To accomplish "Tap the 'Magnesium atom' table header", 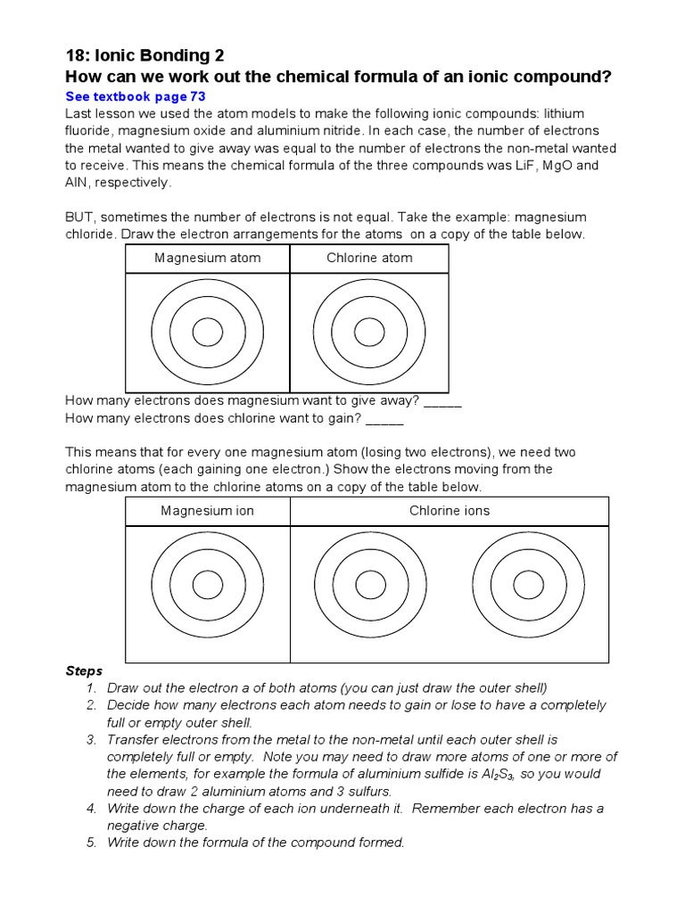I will pyautogui.click(x=208, y=259).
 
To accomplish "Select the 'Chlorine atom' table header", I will pyautogui.click(x=369, y=259).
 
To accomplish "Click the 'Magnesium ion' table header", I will pyautogui.click(x=208, y=511).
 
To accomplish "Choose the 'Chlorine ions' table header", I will pyautogui.click(x=450, y=511).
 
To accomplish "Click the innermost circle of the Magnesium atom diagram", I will pyautogui.click(x=208, y=333).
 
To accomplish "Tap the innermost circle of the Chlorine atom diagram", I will pyautogui.click(x=369, y=333).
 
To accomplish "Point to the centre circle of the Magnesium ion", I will pyautogui.click(x=208, y=585).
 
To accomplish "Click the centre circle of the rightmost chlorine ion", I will pyautogui.click(x=529, y=585).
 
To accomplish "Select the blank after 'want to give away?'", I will pyautogui.click(x=442, y=402).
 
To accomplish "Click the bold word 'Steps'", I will pyautogui.click(x=85, y=670).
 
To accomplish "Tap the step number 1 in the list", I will pyautogui.click(x=91, y=687).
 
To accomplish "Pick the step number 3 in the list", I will pyautogui.click(x=91, y=740).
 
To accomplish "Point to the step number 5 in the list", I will pyautogui.click(x=91, y=843).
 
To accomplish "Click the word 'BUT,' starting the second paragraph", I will pyautogui.click(x=81, y=218).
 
